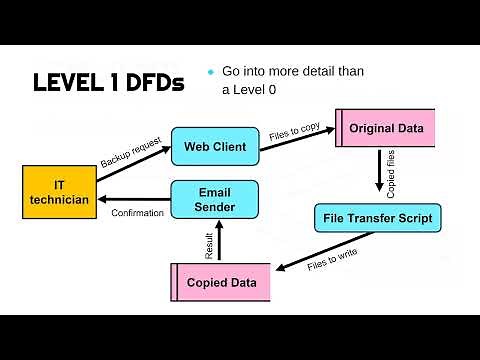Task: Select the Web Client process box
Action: [215, 147]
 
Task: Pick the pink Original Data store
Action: [385, 128]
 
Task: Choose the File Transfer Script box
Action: [377, 217]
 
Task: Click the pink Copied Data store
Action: [221, 283]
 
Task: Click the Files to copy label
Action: [295, 130]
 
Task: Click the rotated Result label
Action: [209, 246]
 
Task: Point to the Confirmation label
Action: [137, 213]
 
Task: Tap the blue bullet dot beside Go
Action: [211, 71]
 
